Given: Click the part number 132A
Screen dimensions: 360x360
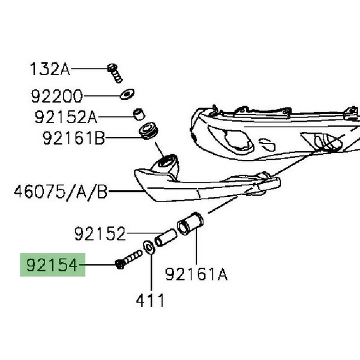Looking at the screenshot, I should [50, 69].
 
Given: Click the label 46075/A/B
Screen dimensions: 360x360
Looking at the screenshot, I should [61, 193].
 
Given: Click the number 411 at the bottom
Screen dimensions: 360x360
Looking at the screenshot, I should [149, 299].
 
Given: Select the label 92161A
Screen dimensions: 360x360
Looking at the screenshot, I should [196, 274].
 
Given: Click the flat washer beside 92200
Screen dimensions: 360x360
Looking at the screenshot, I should [126, 94].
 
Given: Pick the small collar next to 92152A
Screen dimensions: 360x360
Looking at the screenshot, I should [138, 114].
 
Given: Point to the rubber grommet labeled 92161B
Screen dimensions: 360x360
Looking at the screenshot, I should [147, 132].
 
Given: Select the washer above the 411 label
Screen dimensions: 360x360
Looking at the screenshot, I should [148, 247].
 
